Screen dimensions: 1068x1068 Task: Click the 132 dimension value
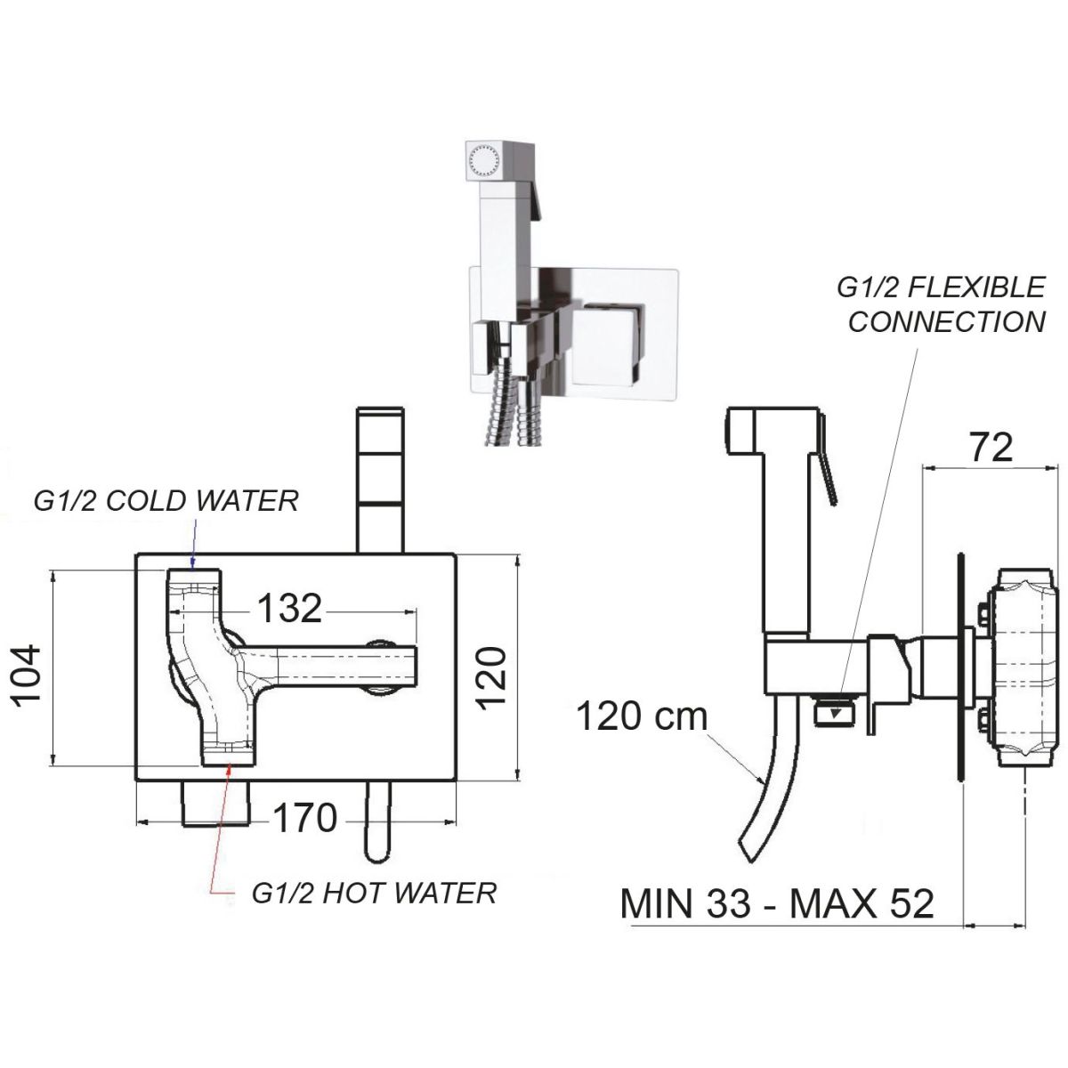pyautogui.click(x=289, y=609)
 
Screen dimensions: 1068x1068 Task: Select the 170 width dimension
pyautogui.click(x=304, y=819)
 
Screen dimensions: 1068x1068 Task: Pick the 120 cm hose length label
pyautogui.click(x=641, y=716)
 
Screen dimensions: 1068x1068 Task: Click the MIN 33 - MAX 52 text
pyautogui.click(x=777, y=903)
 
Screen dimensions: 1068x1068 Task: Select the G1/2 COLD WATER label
pyautogui.click(x=165, y=501)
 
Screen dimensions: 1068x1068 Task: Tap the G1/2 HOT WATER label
pyautogui.click(x=374, y=893)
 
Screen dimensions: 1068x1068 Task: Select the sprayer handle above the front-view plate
pyautogui.click(x=380, y=481)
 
